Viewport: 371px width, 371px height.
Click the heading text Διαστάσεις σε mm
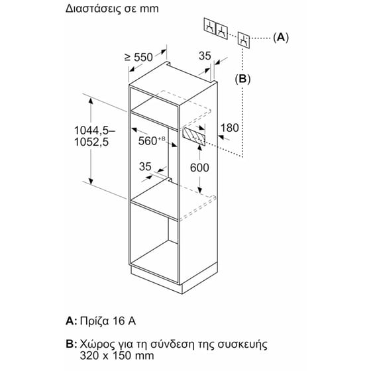click(112, 9)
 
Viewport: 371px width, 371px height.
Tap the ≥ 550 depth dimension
click(138, 57)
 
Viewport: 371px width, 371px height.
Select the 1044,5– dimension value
click(95, 131)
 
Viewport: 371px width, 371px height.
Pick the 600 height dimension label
click(199, 168)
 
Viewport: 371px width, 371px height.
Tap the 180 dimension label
click(229, 128)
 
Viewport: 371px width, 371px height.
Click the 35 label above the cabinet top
click(205, 56)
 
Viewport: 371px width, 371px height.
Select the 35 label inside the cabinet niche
click(145, 166)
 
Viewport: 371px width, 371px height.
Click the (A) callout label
click(281, 37)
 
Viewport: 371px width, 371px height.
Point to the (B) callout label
click(242, 79)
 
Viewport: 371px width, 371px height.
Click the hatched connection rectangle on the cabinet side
click(193, 136)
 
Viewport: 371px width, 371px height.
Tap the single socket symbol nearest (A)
click(244, 40)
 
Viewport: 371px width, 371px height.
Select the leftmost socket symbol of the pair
click(210, 26)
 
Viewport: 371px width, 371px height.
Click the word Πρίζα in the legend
click(94, 321)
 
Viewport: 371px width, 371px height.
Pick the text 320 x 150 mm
click(117, 355)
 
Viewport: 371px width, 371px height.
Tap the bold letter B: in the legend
click(72, 344)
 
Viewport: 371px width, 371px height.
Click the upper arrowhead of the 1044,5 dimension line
click(91, 101)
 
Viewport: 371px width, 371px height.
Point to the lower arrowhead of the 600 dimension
click(200, 190)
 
